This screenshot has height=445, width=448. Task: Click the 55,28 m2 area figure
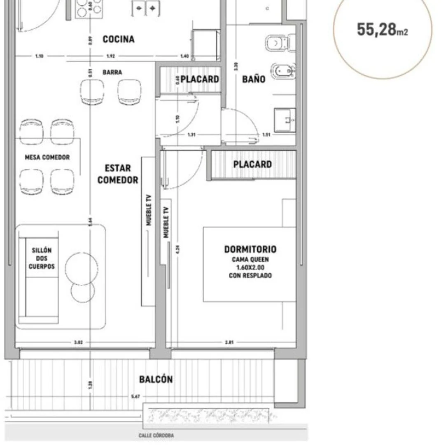coord(382,30)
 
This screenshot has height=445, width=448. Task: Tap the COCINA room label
coord(119,40)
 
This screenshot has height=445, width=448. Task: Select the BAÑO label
coord(254,79)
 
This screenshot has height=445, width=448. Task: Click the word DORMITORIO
coord(250,249)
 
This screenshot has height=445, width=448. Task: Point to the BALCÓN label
coord(156,379)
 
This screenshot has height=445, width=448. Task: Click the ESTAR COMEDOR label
coord(118,174)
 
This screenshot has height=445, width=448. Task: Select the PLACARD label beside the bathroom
coord(199,79)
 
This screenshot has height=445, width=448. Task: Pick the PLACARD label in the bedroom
coord(252,164)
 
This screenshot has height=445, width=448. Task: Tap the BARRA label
coord(112,73)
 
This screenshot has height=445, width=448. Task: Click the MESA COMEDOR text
coord(47,157)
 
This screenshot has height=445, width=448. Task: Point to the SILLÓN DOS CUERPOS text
coord(42,258)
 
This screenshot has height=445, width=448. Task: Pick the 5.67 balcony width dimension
coord(135,397)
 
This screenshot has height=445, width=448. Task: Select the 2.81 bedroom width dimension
coord(230,342)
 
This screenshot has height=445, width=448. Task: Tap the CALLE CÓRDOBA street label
coord(156,436)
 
